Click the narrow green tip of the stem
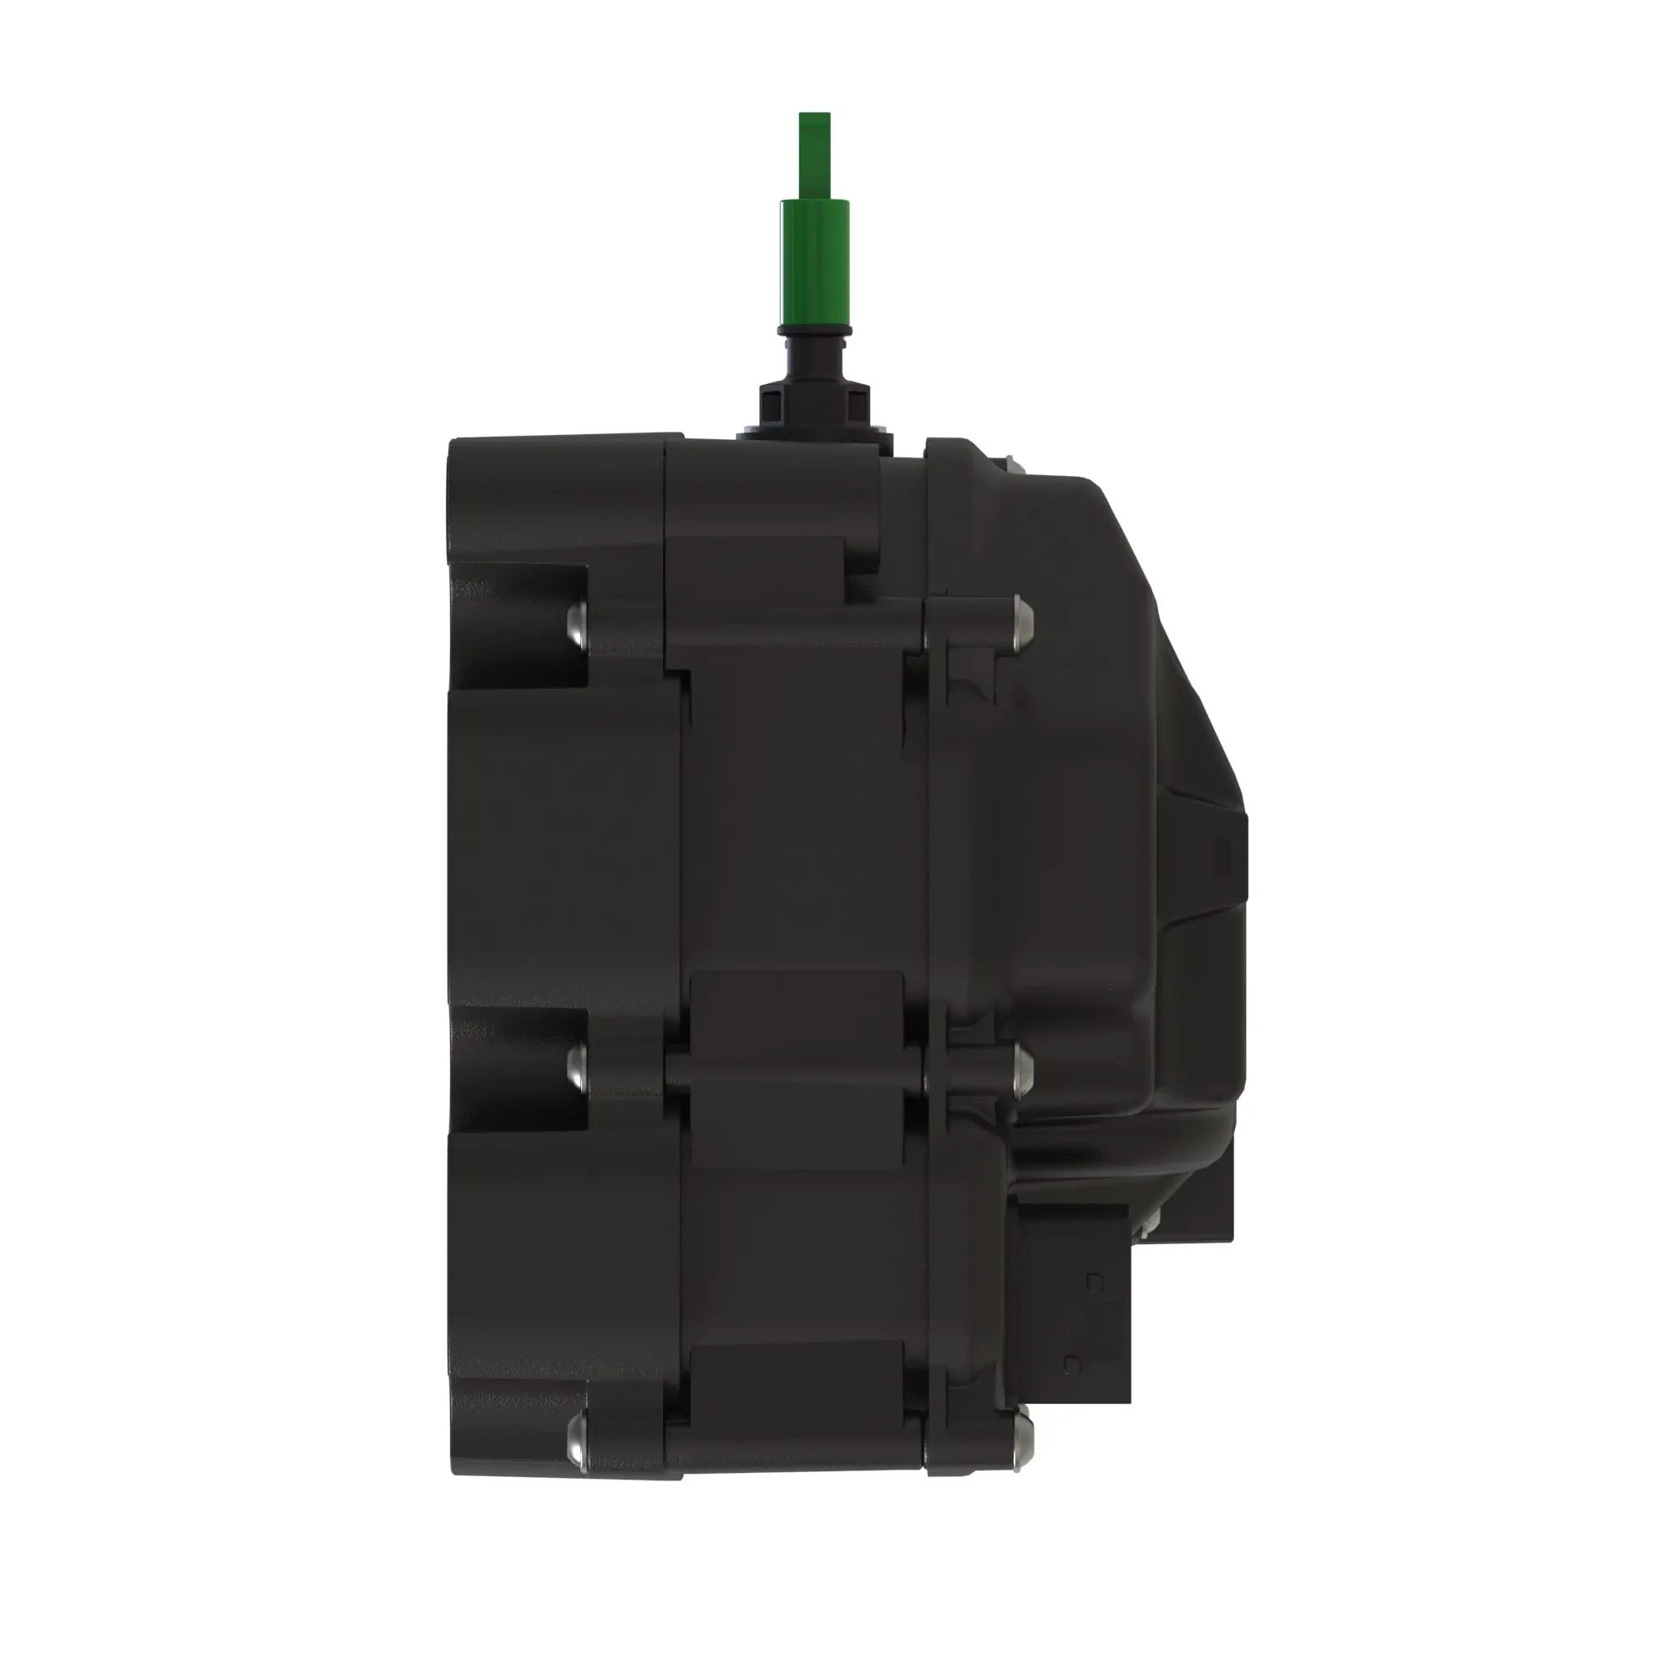(x=814, y=155)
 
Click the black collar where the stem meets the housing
(x=814, y=411)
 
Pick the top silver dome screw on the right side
(x=1023, y=615)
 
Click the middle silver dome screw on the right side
(x=1023, y=1070)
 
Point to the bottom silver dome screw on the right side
(x=1023, y=1436)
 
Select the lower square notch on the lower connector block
(x=1073, y=1367)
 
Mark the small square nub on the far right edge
(x=1224, y=859)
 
